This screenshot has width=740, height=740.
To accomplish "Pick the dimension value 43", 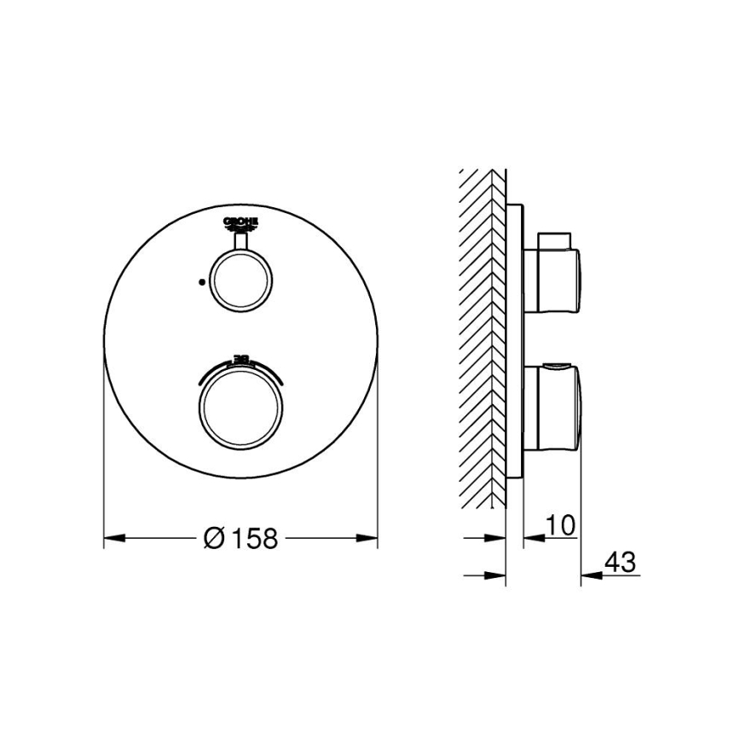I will coord(620,563).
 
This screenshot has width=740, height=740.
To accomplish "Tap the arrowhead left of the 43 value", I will coord(589,575).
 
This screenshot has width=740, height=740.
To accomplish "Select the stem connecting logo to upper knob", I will coord(240,242).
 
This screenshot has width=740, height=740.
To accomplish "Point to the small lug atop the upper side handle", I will coord(557,236).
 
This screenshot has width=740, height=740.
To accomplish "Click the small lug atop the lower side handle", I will coord(556,368).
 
